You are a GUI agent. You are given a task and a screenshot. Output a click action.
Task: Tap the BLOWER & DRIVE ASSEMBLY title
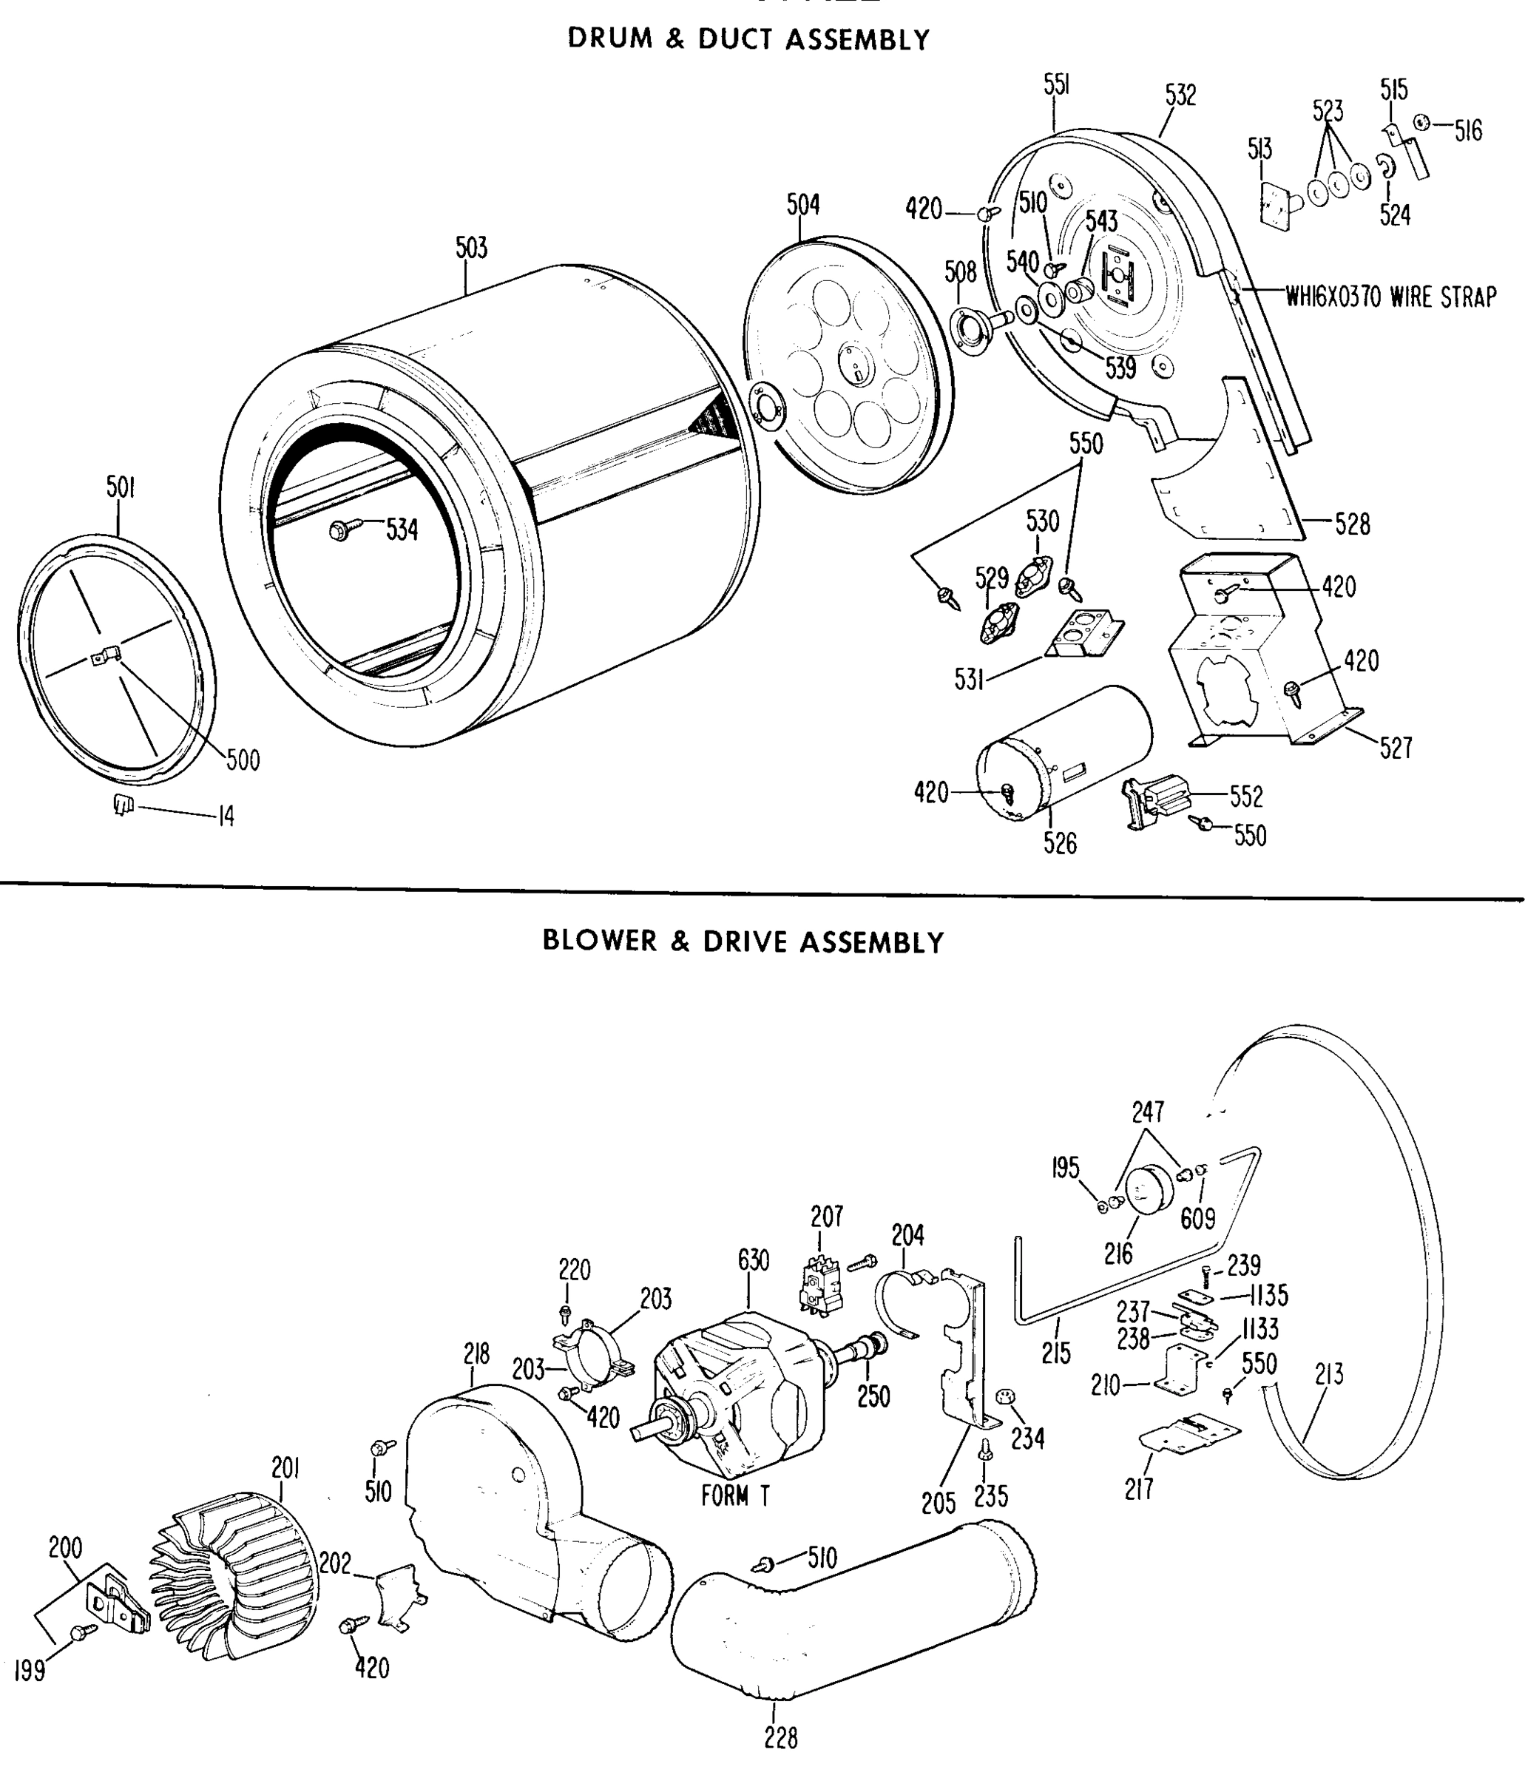[743, 941]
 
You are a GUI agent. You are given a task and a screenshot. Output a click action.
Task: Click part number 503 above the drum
[471, 248]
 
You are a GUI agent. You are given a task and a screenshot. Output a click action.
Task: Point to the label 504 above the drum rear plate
[802, 205]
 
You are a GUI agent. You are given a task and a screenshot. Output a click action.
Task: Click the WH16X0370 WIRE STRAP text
[1390, 297]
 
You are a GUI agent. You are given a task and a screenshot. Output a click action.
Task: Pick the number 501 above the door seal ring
[121, 487]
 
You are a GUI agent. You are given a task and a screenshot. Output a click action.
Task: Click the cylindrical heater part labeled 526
[1062, 754]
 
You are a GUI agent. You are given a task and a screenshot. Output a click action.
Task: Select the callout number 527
[1396, 748]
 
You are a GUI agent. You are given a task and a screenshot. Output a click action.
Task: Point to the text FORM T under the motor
[735, 1495]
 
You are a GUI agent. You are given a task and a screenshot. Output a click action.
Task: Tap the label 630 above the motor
[753, 1261]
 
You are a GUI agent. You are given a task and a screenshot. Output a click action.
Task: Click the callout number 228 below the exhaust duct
[780, 1737]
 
